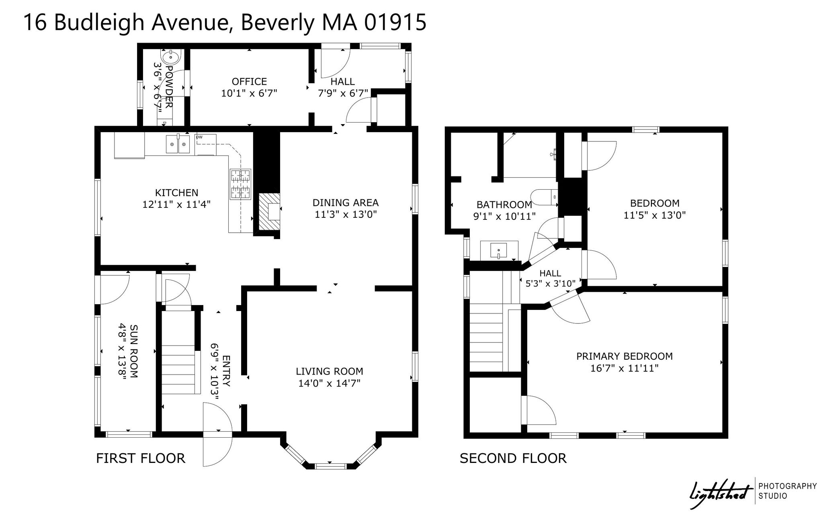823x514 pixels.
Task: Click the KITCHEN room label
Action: tap(177, 193)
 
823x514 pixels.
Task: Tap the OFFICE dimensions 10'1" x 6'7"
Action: tap(249, 93)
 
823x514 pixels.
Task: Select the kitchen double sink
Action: tap(178, 144)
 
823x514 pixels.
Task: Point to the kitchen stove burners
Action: tap(240, 184)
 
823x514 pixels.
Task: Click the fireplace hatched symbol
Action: tap(269, 212)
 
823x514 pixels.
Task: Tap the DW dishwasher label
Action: tap(199, 137)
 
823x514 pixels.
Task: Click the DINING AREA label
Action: tap(346, 203)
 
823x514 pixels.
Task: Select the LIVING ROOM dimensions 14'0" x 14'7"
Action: tap(329, 383)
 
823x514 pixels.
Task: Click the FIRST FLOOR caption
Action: tap(141, 458)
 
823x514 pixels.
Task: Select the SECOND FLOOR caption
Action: tap(513, 458)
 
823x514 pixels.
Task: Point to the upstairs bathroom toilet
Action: tap(544, 197)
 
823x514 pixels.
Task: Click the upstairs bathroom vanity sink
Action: tap(500, 250)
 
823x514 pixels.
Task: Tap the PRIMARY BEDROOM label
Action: tap(624, 356)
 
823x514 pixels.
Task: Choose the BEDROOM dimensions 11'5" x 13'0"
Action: tap(655, 215)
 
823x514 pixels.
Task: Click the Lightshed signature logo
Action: tap(721, 491)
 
